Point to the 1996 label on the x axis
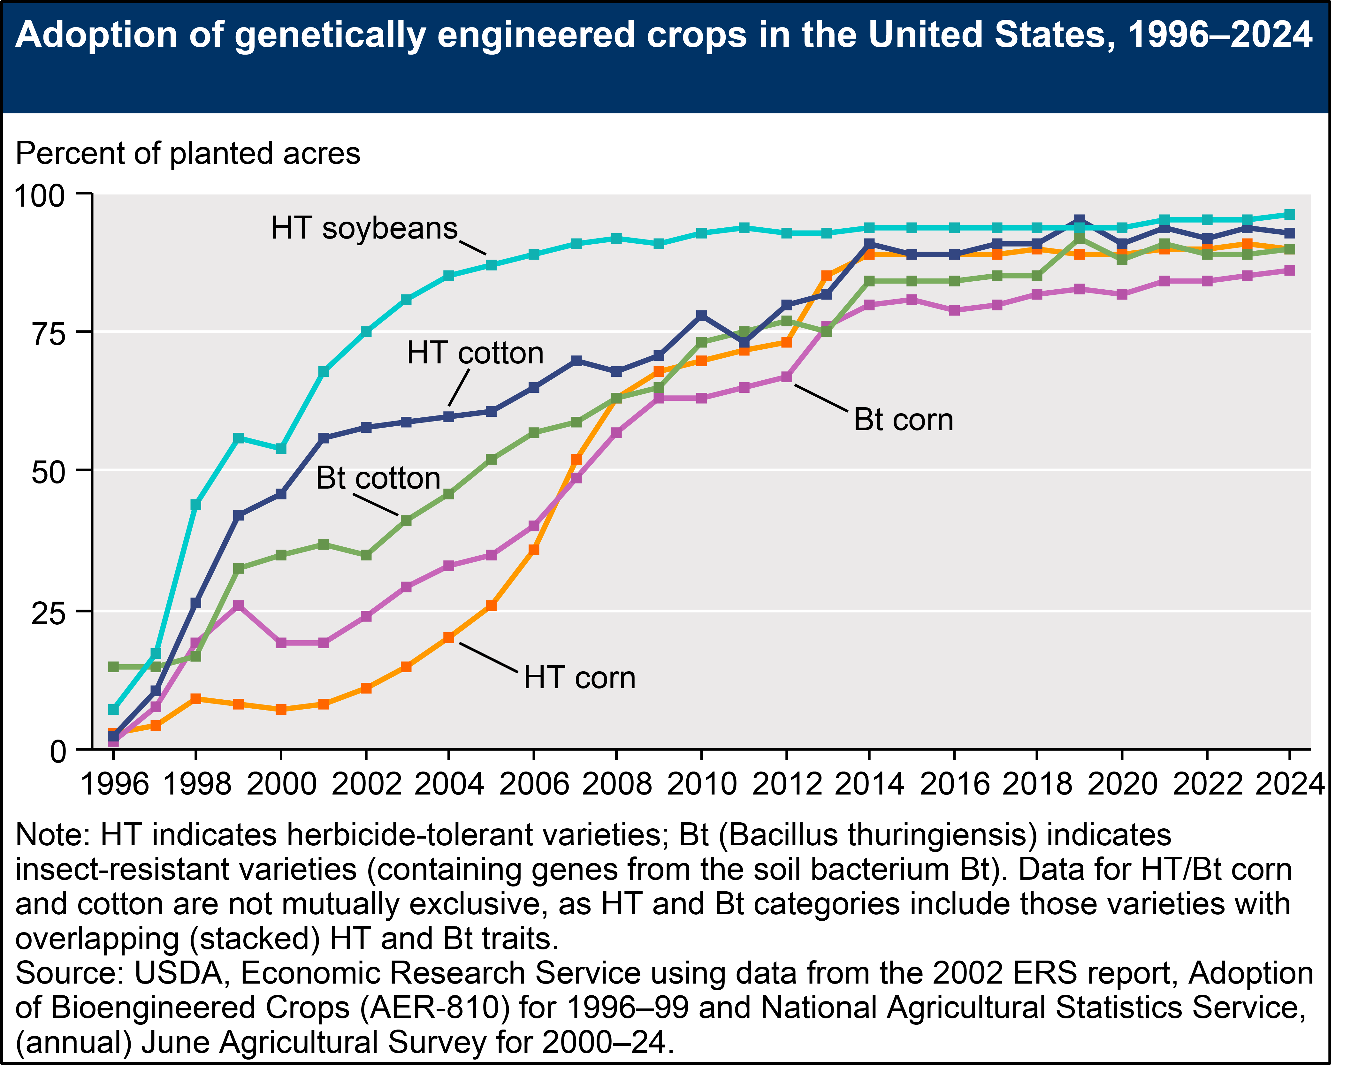[115, 783]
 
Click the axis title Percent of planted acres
[188, 153]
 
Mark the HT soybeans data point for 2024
[1289, 215]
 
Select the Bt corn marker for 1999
[238, 605]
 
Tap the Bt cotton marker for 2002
[366, 555]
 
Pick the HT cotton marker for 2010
[701, 316]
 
